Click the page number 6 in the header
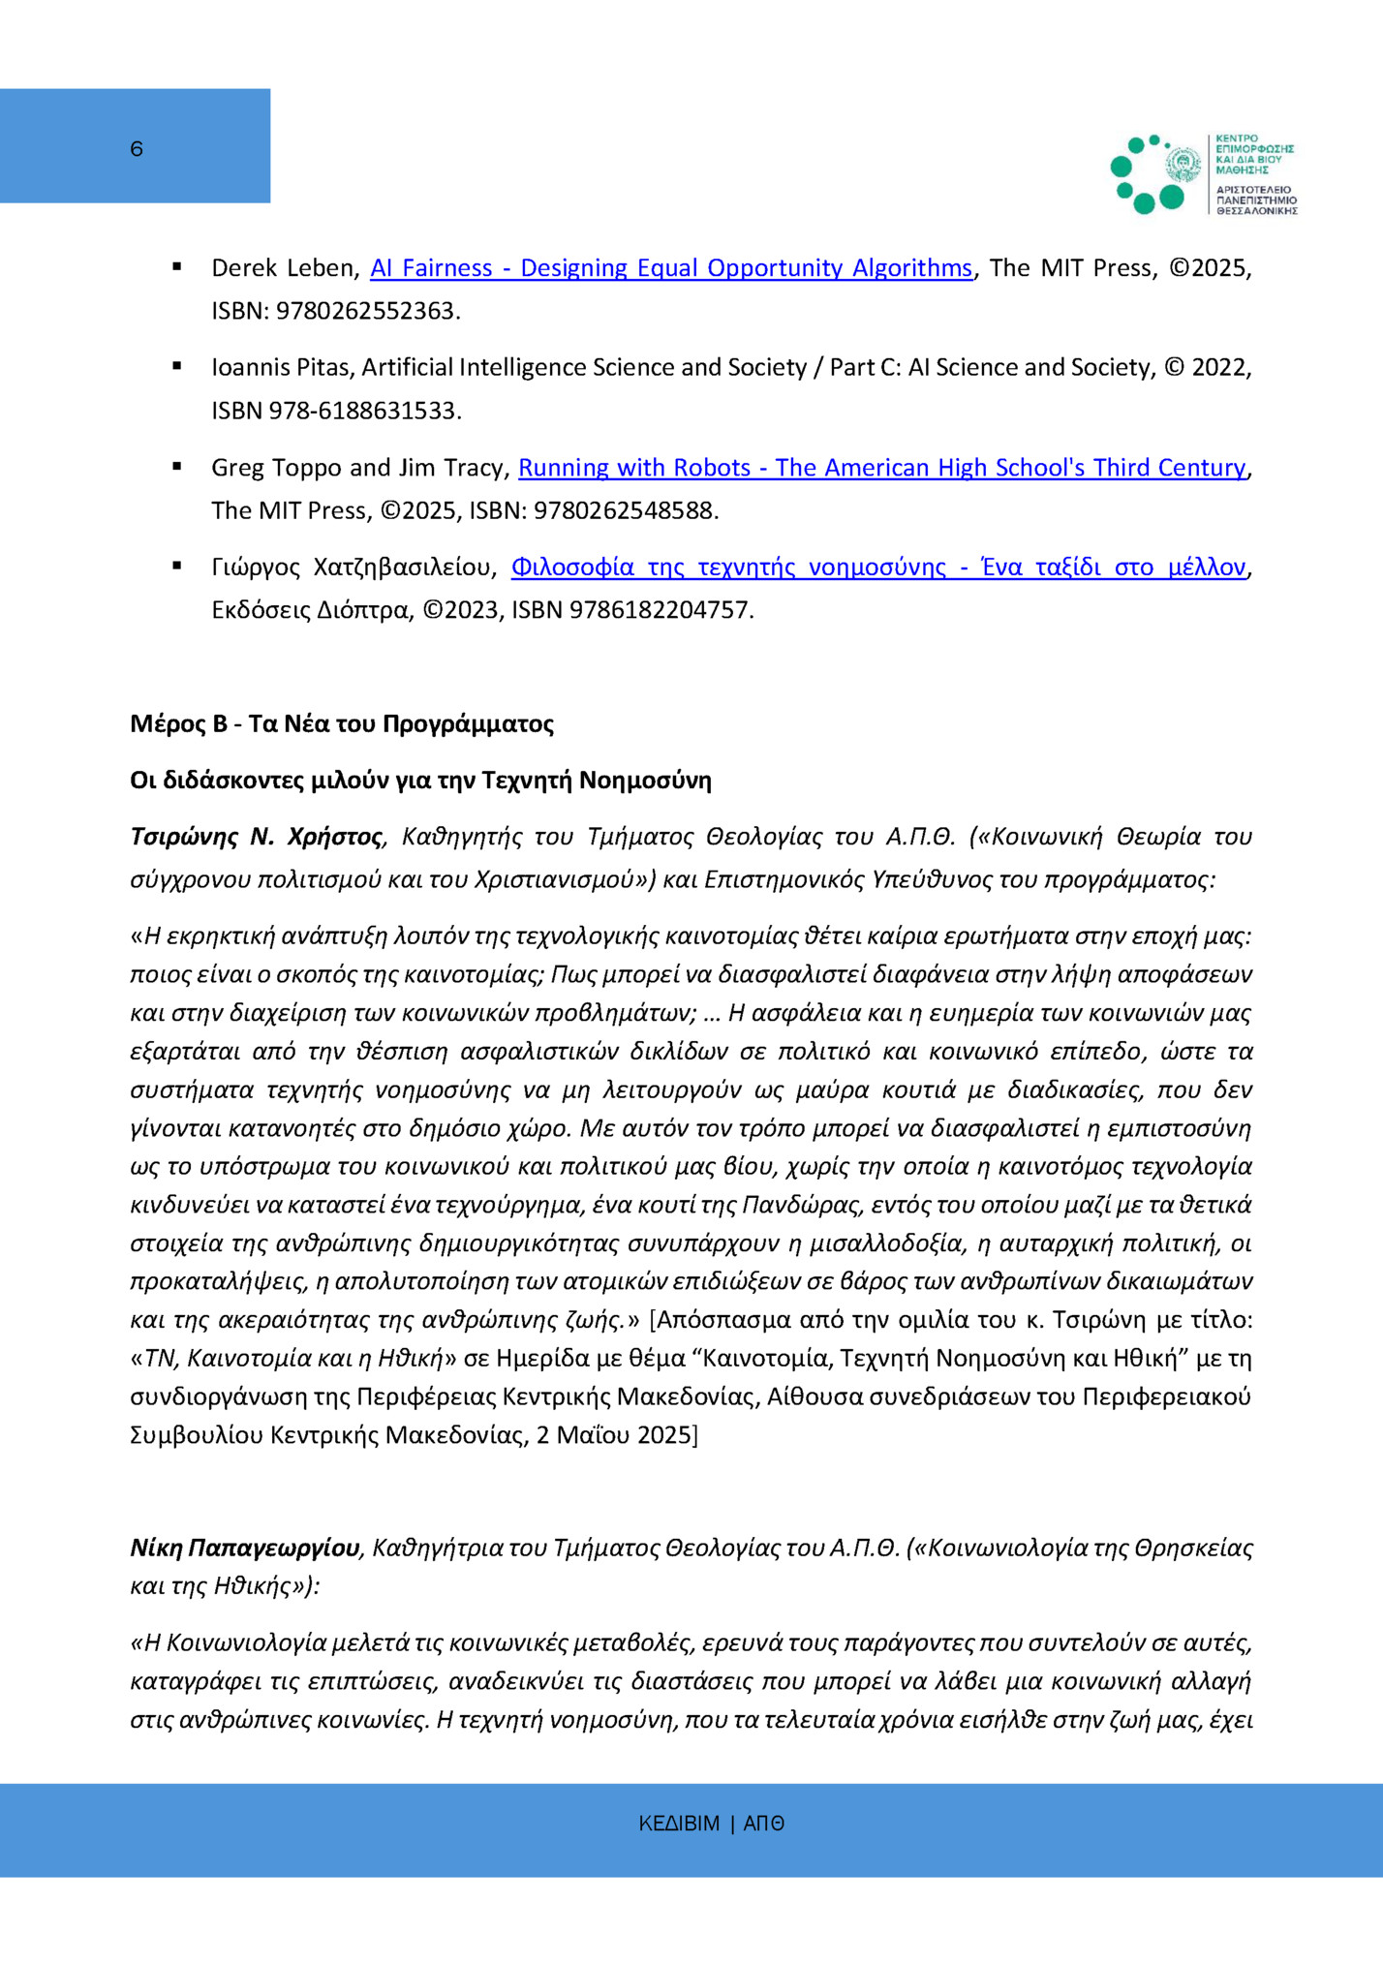coord(137,149)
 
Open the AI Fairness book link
coord(670,268)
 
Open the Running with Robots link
coord(881,468)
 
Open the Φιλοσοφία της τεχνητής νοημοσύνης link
coord(877,568)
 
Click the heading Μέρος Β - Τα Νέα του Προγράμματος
coord(342,724)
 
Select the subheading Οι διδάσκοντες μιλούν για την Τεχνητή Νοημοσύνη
coord(420,781)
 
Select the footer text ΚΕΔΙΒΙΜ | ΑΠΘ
coord(711,1824)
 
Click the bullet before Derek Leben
coord(177,266)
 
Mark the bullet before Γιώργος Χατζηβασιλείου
coord(177,566)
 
